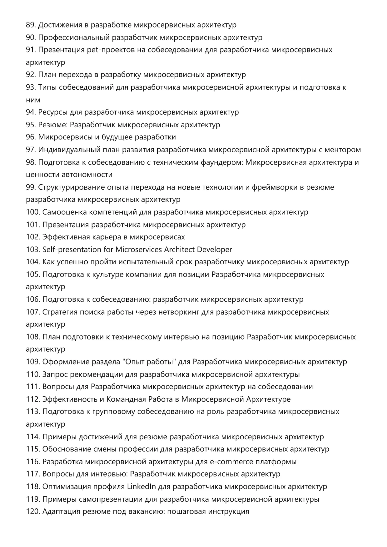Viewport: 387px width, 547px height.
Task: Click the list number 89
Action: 31,25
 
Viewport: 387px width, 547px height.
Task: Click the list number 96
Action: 31,137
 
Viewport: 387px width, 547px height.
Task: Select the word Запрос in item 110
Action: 55,374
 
